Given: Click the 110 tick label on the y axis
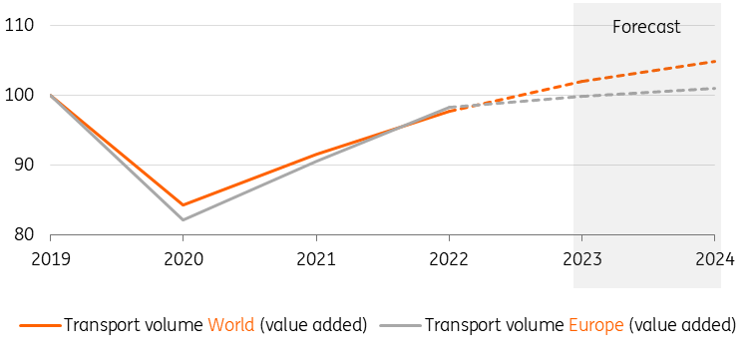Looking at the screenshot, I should pyautogui.click(x=19, y=26).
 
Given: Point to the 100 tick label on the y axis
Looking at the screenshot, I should pyautogui.click(x=19, y=96).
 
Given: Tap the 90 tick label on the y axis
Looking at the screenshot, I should pyautogui.click(x=23, y=166).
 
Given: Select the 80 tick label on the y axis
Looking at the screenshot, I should pyautogui.click(x=23, y=235).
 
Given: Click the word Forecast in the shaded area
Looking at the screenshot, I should pyautogui.click(x=645, y=27).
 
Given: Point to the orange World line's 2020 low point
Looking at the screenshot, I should pyautogui.click(x=183, y=205).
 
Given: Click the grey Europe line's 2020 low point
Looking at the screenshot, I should pyautogui.click(x=183, y=219).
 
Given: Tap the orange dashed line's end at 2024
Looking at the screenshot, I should pyautogui.click(x=714, y=62).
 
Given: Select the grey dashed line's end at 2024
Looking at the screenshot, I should pyautogui.click(x=714, y=89).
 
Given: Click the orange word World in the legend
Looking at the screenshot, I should pyautogui.click(x=230, y=325).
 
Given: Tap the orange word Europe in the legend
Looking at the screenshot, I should pyautogui.click(x=594, y=325).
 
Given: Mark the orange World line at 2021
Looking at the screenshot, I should pyautogui.click(x=315, y=155).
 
